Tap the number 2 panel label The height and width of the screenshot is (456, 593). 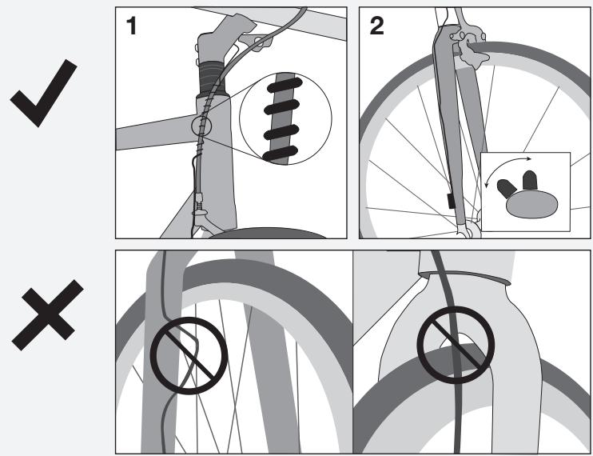pos(374,24)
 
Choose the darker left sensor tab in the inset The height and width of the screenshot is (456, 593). pos(506,188)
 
